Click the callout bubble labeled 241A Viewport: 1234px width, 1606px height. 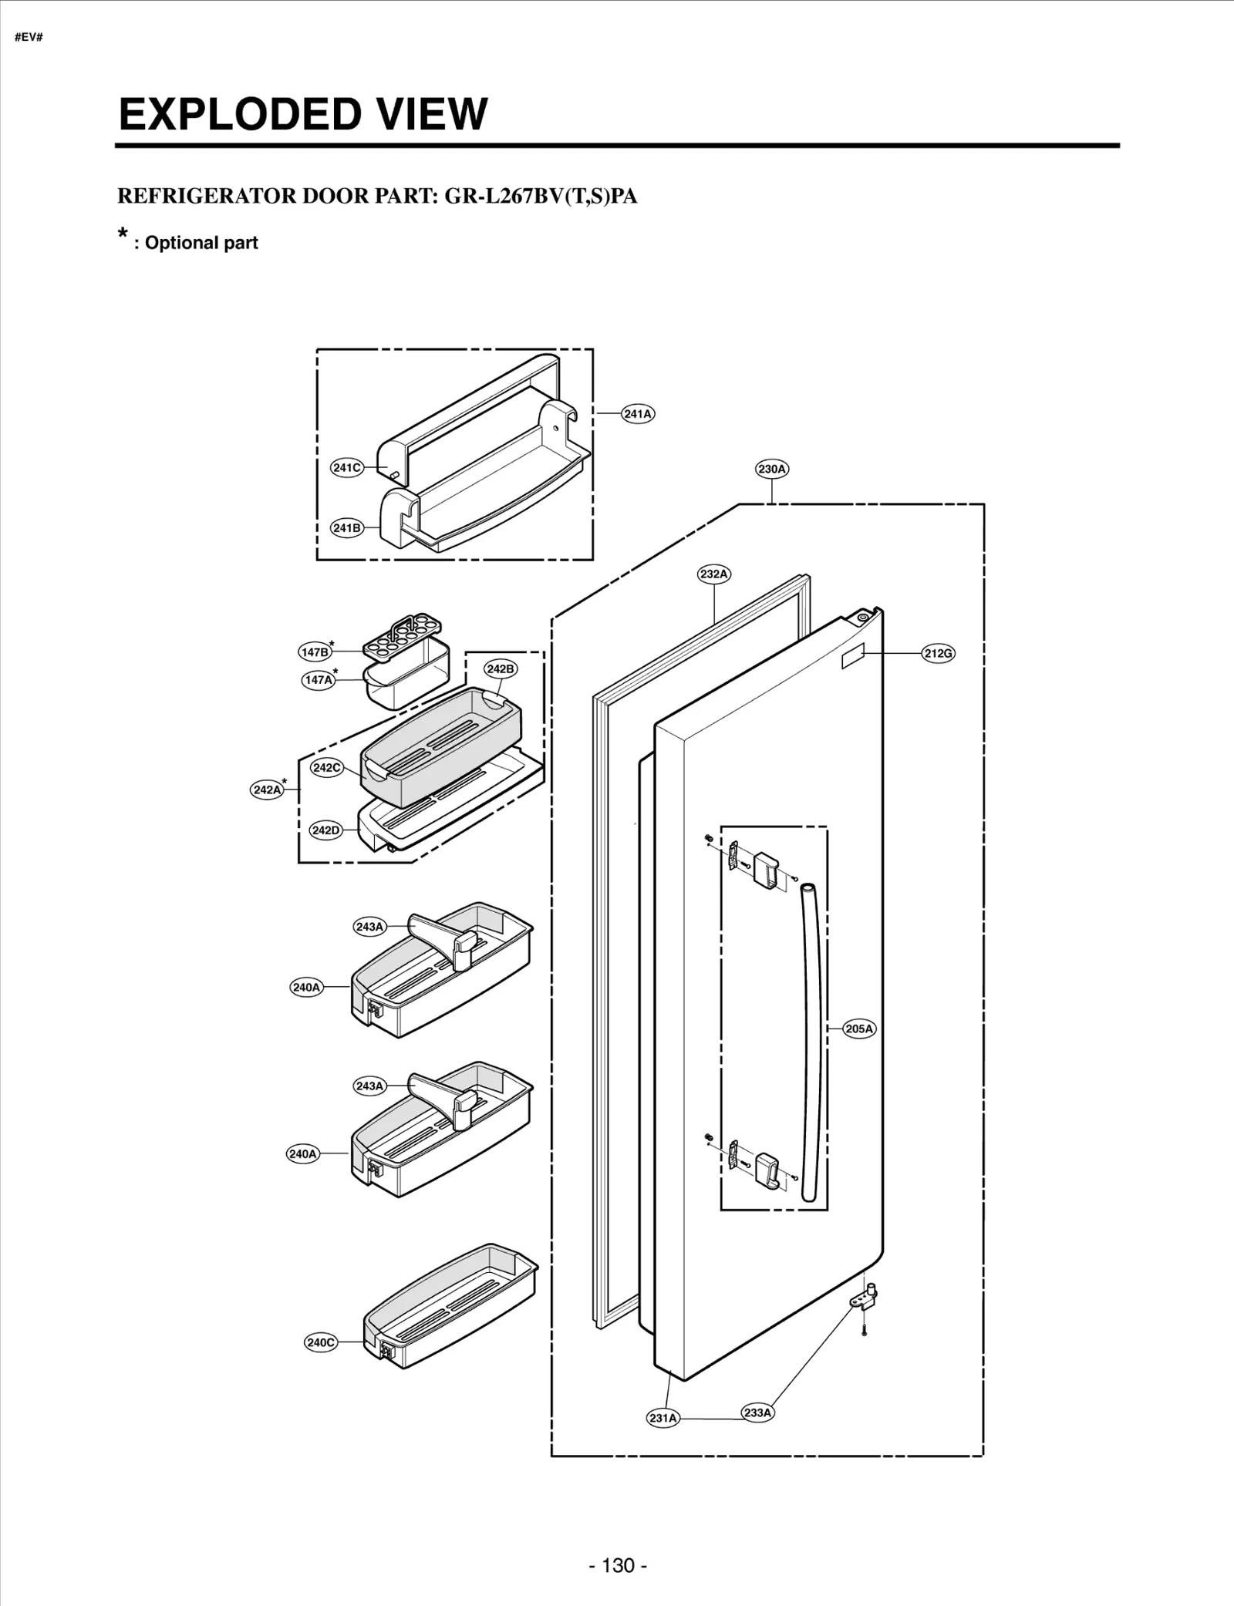[x=638, y=414]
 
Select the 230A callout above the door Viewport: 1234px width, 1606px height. [x=772, y=469]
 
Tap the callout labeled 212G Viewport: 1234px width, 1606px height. [x=939, y=654]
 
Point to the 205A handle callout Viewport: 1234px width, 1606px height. [x=859, y=1029]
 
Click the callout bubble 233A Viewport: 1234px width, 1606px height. [x=757, y=1412]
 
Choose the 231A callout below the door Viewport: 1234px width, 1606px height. [x=663, y=1418]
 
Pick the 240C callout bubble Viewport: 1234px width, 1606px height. [x=321, y=1342]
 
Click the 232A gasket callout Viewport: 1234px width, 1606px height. [x=713, y=574]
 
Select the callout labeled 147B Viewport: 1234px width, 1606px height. [x=315, y=652]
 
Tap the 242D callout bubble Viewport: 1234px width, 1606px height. [x=325, y=830]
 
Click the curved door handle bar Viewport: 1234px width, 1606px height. [x=811, y=1041]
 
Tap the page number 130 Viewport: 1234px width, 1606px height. [x=618, y=1544]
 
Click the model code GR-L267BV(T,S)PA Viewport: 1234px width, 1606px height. [x=541, y=197]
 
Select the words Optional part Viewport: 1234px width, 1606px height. [x=201, y=243]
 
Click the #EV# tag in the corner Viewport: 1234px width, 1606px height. [x=28, y=38]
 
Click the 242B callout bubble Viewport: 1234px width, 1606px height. [x=501, y=669]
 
